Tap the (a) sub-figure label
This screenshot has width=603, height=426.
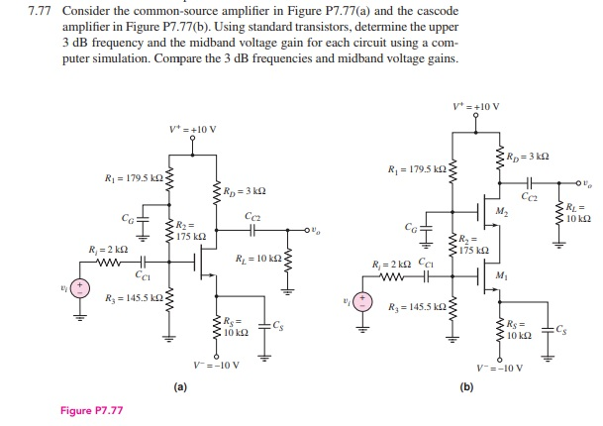click(x=179, y=387)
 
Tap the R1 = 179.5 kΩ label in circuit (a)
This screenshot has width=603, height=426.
click(x=134, y=178)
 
